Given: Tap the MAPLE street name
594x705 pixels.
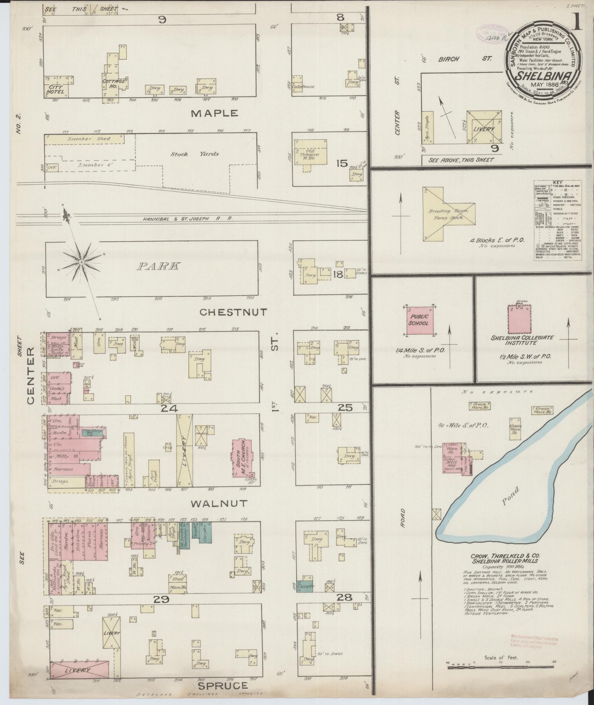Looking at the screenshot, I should (x=215, y=114).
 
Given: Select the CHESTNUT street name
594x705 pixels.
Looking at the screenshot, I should (x=233, y=313).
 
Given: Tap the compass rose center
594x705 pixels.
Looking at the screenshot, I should (x=81, y=262).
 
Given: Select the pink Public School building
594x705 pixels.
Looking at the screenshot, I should (x=419, y=320).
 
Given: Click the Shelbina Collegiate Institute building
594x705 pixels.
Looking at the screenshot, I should (x=519, y=320).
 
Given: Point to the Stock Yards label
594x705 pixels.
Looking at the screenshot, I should (x=194, y=154).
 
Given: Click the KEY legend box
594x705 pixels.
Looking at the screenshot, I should (x=557, y=220).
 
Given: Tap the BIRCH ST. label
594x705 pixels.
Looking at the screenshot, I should (x=465, y=59).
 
